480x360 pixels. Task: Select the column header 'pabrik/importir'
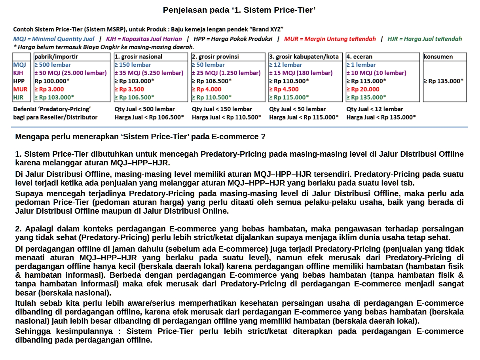(56, 57)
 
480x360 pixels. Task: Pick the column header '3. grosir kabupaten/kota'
(304, 57)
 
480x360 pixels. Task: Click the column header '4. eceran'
(360, 57)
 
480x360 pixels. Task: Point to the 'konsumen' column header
(438, 57)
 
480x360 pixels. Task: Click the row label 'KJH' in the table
(18, 73)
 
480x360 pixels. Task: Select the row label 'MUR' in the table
(20, 89)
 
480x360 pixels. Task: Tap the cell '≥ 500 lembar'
(53, 65)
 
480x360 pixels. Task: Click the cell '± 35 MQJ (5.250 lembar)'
(149, 73)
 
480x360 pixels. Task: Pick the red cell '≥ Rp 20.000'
(363, 89)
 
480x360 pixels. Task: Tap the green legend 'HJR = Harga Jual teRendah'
(425, 39)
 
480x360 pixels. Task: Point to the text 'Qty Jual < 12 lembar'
(375, 109)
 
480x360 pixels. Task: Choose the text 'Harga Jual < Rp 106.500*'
(149, 117)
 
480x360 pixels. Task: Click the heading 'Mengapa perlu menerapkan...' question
(140, 137)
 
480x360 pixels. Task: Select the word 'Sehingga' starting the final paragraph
(30, 331)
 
